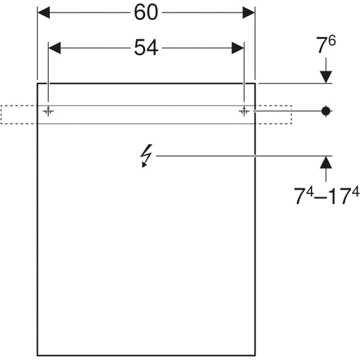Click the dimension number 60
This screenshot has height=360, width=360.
146,13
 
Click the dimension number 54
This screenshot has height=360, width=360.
146,48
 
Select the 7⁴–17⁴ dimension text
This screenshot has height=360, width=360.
326,196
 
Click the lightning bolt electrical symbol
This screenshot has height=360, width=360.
147,156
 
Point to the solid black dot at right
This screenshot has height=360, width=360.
326,111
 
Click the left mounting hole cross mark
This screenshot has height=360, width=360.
48,111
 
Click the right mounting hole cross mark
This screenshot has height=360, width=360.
244,111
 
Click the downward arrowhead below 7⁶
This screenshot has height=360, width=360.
326,77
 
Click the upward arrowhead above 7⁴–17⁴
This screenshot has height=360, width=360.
326,163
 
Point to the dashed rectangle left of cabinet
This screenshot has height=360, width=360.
19,115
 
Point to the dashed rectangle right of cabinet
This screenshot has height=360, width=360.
274,115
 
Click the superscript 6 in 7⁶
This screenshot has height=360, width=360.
332,42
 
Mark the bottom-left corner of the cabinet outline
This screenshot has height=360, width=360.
38,355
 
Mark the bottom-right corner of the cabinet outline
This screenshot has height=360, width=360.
255,355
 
